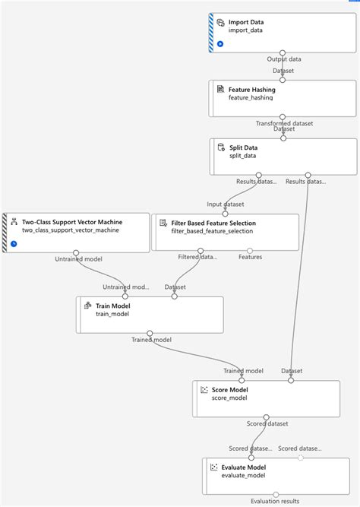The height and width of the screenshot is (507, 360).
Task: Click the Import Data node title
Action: pyautogui.click(x=246, y=22)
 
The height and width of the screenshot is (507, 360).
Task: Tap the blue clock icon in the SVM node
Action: pyautogui.click(x=14, y=243)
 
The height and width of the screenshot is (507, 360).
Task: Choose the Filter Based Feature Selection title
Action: pyautogui.click(x=213, y=223)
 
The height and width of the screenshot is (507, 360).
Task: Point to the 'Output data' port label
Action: pyautogui.click(x=284, y=59)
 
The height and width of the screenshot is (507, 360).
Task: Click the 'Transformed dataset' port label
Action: pyautogui.click(x=284, y=123)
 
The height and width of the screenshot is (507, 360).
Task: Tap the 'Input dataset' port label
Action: pyautogui.click(x=226, y=204)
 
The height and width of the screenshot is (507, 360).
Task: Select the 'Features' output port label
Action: pyautogui.click(x=250, y=257)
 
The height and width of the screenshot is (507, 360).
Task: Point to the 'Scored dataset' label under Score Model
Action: pyautogui.click(x=267, y=423)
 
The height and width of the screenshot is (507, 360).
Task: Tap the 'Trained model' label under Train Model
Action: pyautogui.click(x=151, y=340)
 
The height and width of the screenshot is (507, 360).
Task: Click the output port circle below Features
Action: pyautogui.click(x=250, y=250)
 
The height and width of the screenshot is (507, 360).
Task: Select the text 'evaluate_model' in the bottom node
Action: pyautogui.click(x=242, y=477)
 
